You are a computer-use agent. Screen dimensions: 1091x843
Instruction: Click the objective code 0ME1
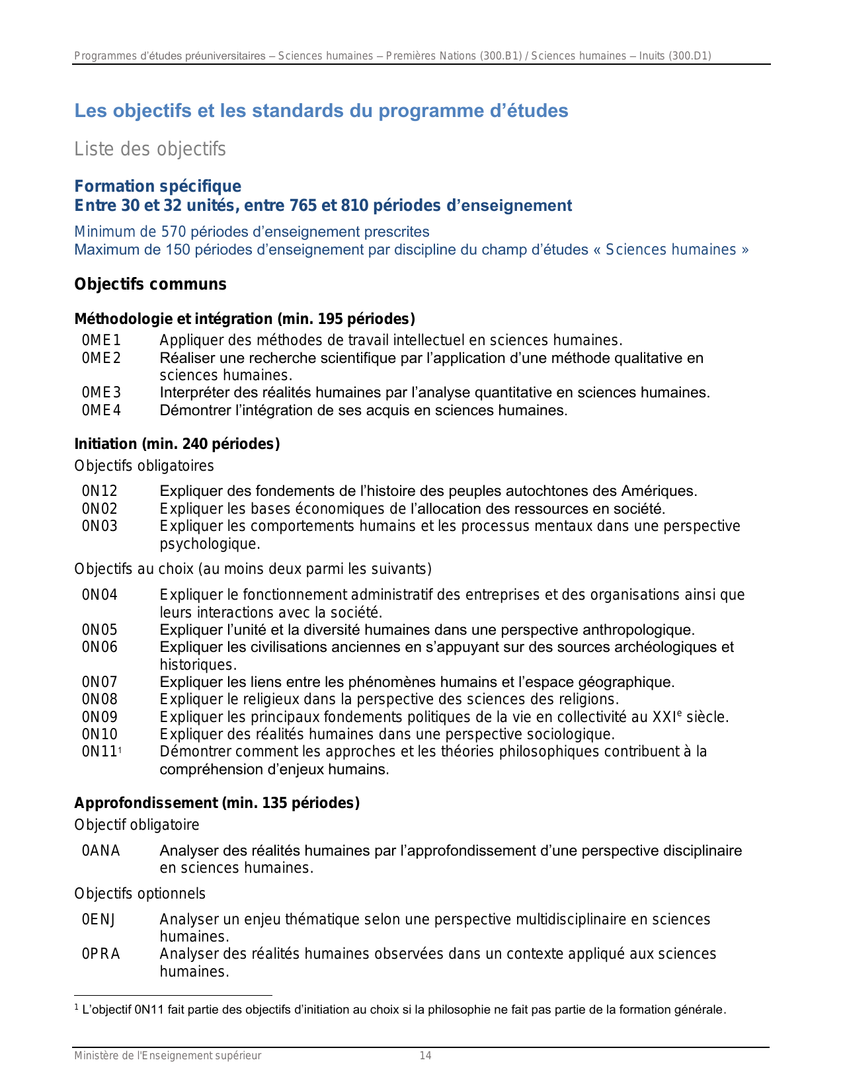101,341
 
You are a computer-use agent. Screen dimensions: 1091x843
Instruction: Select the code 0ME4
101,411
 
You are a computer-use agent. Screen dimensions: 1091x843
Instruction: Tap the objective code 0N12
99,491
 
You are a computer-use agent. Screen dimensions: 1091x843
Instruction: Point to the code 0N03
99,526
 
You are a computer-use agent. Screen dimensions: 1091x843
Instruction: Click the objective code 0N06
99,647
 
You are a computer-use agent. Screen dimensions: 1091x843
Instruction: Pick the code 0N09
99,717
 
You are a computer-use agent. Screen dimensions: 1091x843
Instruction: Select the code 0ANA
100,851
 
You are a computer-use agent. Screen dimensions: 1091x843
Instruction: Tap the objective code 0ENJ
99,920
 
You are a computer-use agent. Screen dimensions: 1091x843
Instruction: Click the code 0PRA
100,954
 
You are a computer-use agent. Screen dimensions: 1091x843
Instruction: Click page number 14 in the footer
425,1056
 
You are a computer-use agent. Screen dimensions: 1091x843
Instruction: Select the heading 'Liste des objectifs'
150,149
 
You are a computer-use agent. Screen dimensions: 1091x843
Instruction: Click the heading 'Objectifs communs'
150,284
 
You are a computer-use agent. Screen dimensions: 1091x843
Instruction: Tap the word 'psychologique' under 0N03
208,544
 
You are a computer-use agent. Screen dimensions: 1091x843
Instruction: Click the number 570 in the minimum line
174,232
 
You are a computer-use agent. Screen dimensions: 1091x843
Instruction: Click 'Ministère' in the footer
95,1056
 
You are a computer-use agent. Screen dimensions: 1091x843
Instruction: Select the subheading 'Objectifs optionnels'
140,894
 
